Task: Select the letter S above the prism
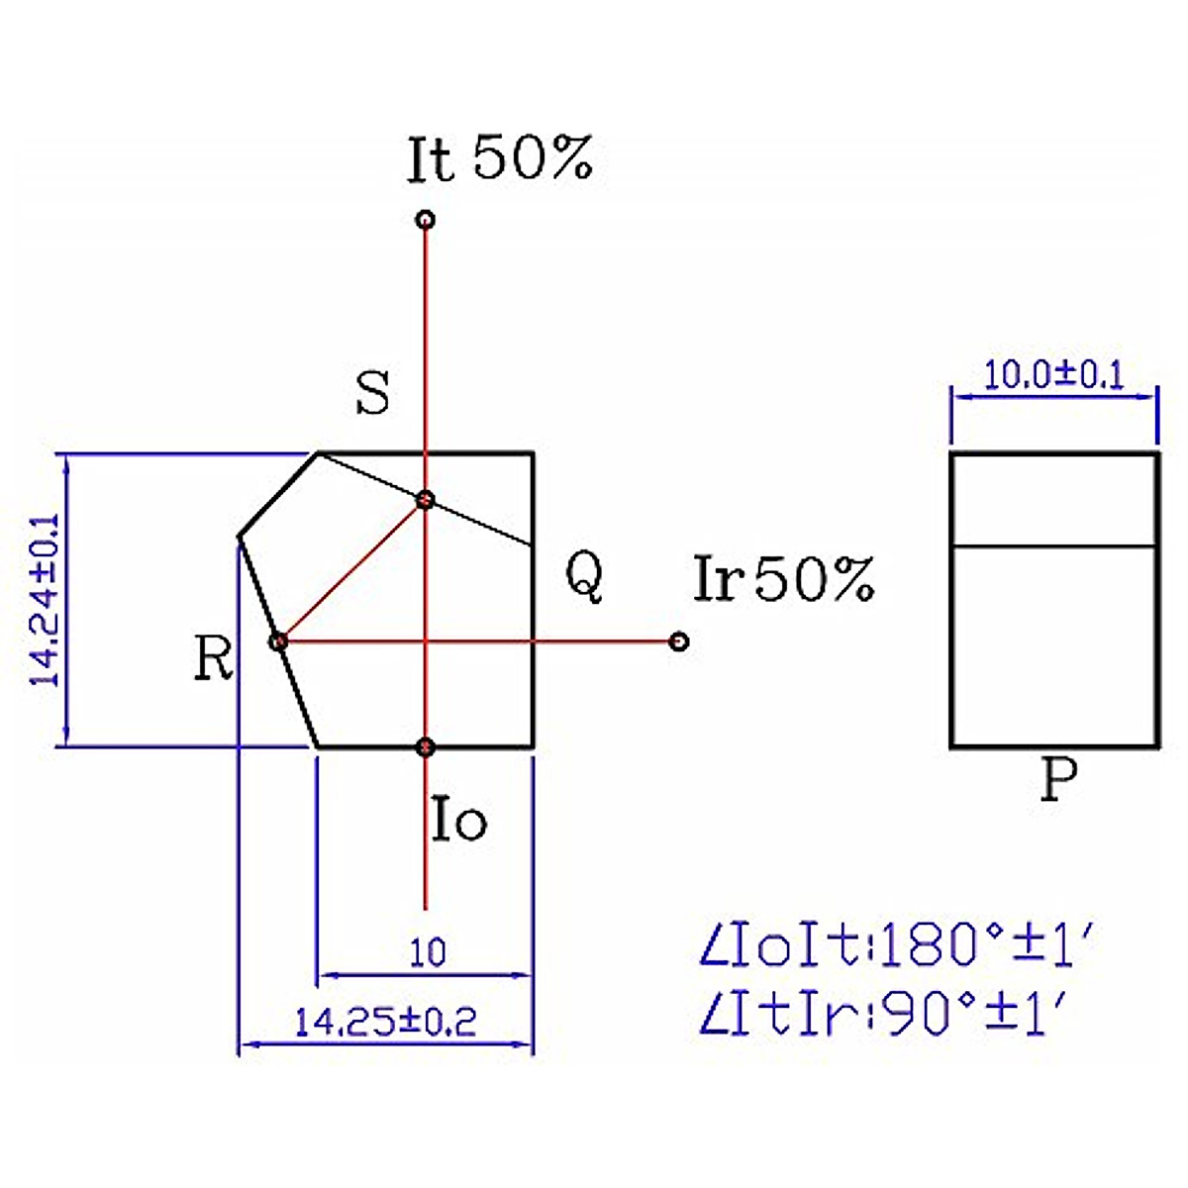[x=373, y=394]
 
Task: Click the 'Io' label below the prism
[x=459, y=820]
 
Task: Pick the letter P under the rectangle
[x=1058, y=781]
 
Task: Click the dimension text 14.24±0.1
[x=46, y=600]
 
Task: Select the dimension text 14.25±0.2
[x=386, y=1021]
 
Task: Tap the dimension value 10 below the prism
[x=428, y=952]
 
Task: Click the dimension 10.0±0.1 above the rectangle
[x=1054, y=376]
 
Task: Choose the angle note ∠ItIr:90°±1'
[x=883, y=1015]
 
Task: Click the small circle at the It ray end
[x=425, y=220]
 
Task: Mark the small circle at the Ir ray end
[x=678, y=642]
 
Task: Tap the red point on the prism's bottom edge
[x=426, y=747]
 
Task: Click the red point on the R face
[x=279, y=642]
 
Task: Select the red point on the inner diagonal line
[x=425, y=499]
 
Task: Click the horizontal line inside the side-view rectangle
[x=1054, y=545]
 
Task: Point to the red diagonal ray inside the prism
[x=351, y=570]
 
